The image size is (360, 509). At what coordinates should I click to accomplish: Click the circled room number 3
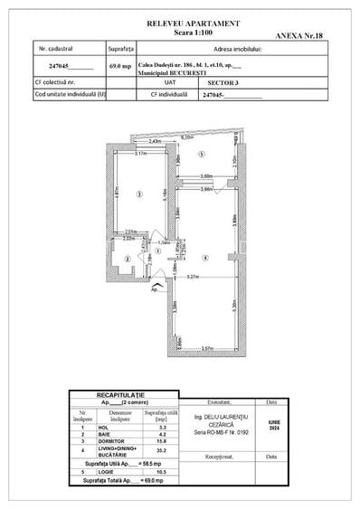[138, 194]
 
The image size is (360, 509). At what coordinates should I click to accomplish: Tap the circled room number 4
[206, 259]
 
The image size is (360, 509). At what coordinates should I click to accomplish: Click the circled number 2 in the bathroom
[128, 259]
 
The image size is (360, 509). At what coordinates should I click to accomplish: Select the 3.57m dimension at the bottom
[206, 347]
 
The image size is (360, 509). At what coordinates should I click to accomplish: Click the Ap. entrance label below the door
[155, 290]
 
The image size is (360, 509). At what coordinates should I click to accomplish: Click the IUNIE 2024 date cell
[274, 437]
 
